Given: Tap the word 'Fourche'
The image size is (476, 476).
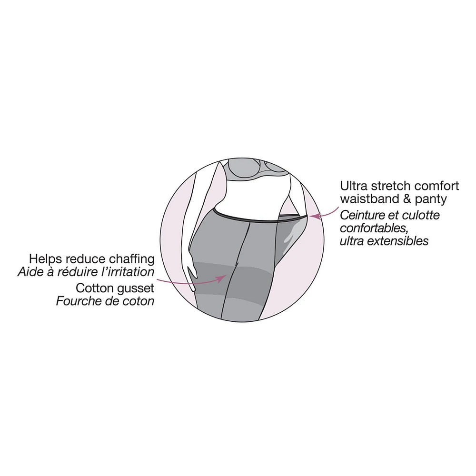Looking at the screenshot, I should [x=76, y=301].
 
